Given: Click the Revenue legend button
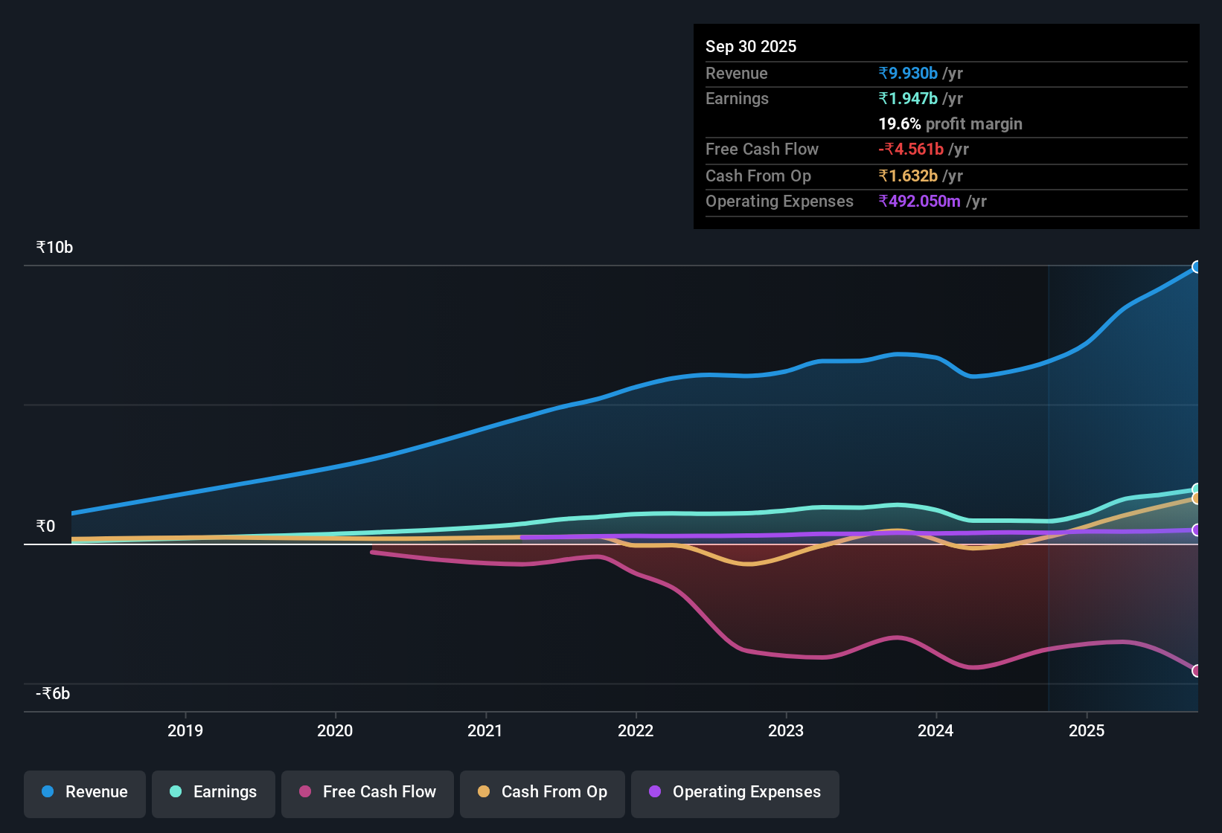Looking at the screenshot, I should (85, 792).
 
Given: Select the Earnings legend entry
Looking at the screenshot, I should (214, 792).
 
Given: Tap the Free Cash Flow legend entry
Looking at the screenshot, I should (368, 792).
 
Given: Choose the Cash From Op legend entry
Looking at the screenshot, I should (543, 792).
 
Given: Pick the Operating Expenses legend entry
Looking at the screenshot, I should (735, 792).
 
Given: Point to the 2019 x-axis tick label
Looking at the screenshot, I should (185, 730).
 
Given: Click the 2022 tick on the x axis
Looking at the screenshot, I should (636, 730).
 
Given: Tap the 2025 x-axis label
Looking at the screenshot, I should (1087, 730).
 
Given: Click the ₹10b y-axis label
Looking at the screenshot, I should (54, 248).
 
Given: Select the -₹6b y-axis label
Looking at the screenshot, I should (53, 694).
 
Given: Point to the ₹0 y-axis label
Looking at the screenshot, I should (45, 527).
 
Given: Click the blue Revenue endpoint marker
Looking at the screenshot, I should (1197, 267).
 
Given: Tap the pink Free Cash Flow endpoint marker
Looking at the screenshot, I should (1197, 671).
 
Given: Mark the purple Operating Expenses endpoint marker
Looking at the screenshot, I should (1197, 530).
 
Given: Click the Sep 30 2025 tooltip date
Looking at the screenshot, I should (751, 46).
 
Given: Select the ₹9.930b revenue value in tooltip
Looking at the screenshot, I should (908, 73).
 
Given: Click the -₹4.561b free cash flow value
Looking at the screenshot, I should (911, 149).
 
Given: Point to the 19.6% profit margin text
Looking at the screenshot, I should (950, 123).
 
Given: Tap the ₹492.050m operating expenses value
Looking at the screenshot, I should (920, 201).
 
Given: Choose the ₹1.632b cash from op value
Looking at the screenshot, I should (908, 176).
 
